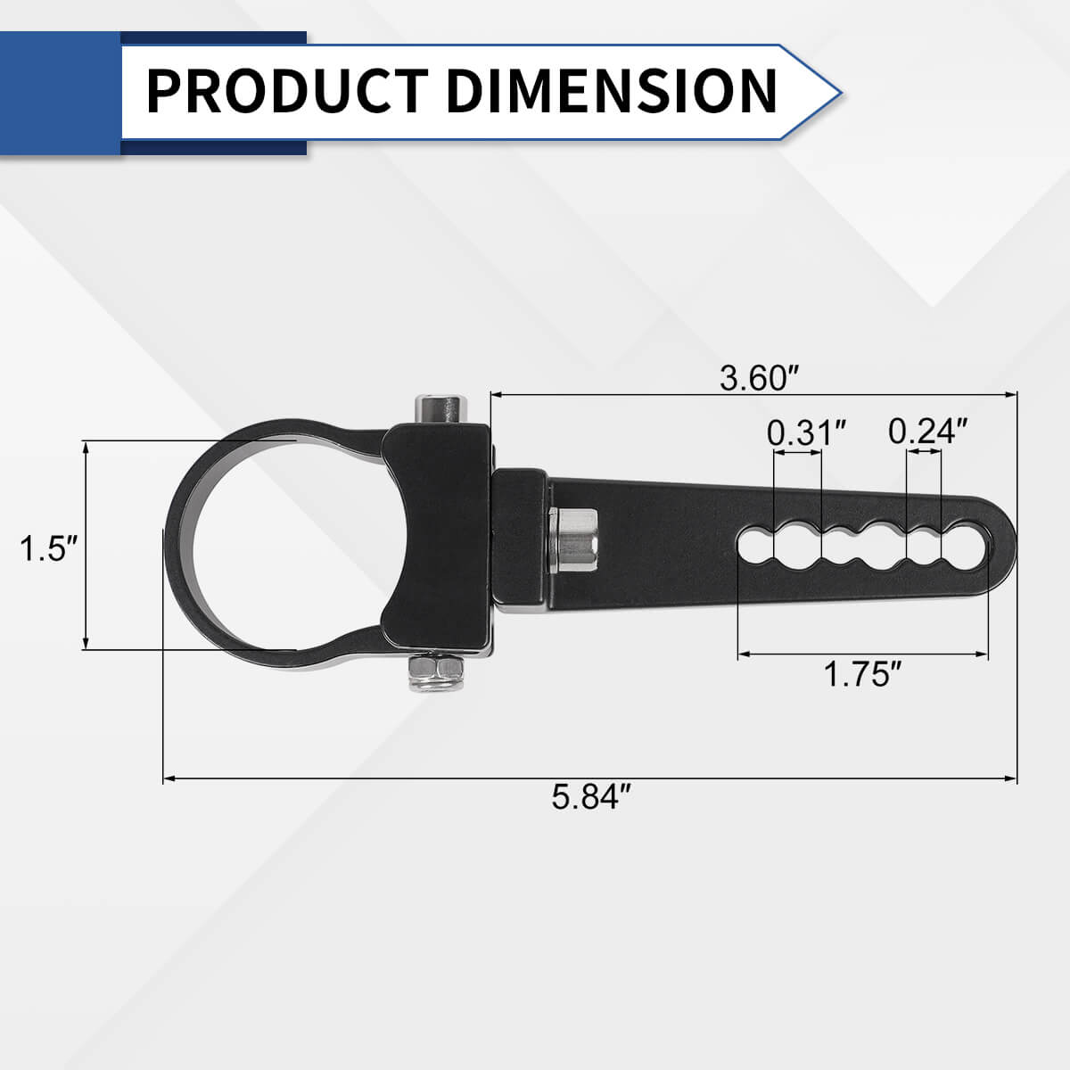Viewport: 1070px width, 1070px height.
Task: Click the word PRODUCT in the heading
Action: pyautogui.click(x=285, y=91)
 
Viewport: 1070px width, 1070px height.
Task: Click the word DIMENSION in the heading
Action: pyautogui.click(x=611, y=91)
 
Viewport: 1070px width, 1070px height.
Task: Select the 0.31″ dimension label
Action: pyautogui.click(x=806, y=432)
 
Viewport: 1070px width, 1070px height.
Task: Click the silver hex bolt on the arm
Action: pyautogui.click(x=573, y=540)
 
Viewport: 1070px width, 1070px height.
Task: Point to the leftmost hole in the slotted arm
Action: pyautogui.click(x=754, y=544)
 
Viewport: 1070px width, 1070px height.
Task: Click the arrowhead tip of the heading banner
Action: pyautogui.click(x=838, y=91)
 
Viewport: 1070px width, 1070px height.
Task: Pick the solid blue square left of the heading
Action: pyautogui.click(x=60, y=93)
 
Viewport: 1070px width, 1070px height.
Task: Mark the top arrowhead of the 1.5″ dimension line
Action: pyautogui.click(x=86, y=446)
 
